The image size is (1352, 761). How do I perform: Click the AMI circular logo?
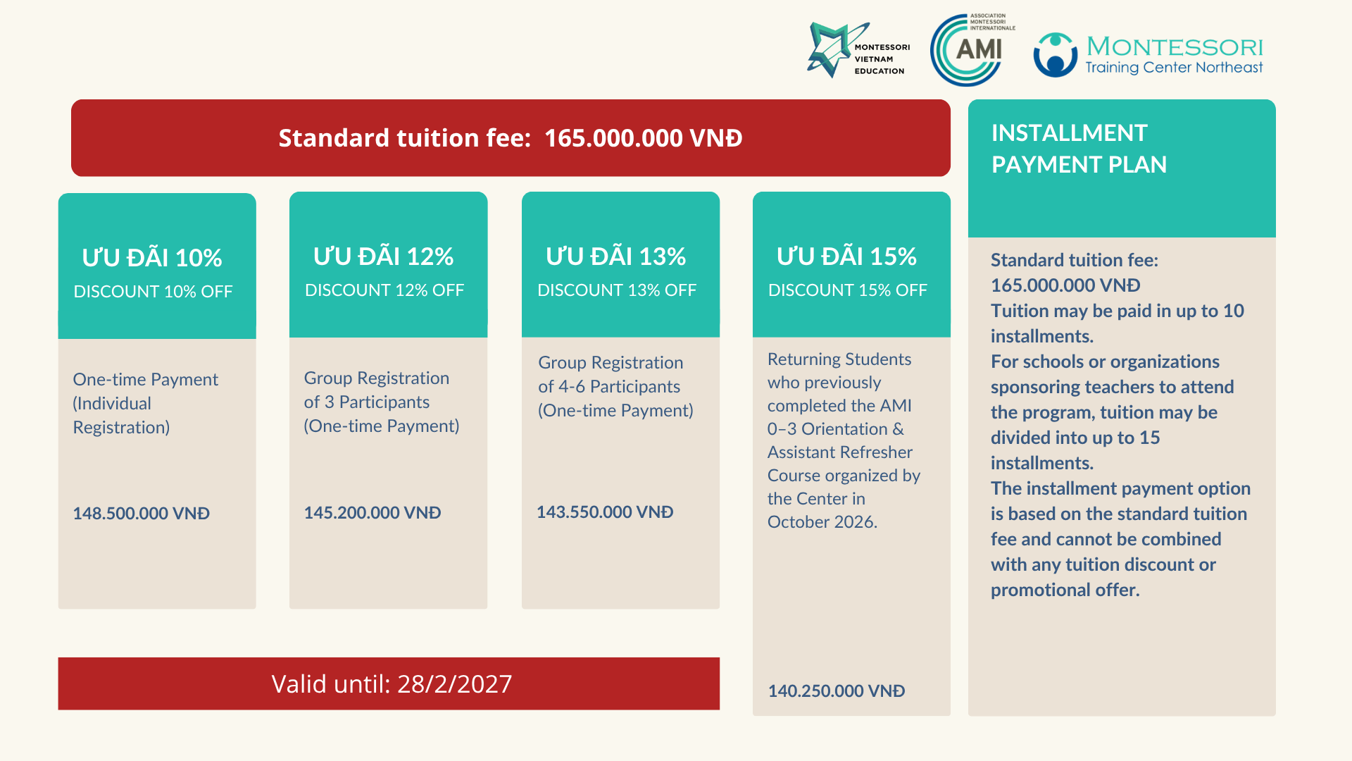click(x=966, y=50)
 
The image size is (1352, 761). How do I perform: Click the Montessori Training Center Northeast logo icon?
click(x=1055, y=55)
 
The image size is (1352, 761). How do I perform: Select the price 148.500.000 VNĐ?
click(x=142, y=514)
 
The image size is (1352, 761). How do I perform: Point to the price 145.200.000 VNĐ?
click(x=373, y=513)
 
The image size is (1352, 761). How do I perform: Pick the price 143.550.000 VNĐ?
click(x=605, y=512)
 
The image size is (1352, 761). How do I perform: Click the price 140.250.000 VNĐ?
click(x=837, y=691)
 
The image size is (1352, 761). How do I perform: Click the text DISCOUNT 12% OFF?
click(x=384, y=290)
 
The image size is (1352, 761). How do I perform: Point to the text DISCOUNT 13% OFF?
click(x=617, y=290)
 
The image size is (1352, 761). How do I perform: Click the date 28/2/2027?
click(x=455, y=684)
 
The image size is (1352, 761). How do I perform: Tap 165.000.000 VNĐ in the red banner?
click(x=644, y=138)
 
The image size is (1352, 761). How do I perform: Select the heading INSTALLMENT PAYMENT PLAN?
click(x=1079, y=149)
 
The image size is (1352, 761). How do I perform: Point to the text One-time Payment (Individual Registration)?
click(x=146, y=404)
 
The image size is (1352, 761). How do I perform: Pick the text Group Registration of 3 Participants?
click(x=377, y=390)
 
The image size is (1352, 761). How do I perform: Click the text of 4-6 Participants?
click(x=609, y=387)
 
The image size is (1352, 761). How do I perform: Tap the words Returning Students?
click(x=839, y=359)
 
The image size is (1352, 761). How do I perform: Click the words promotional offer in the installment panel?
click(x=1065, y=590)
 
